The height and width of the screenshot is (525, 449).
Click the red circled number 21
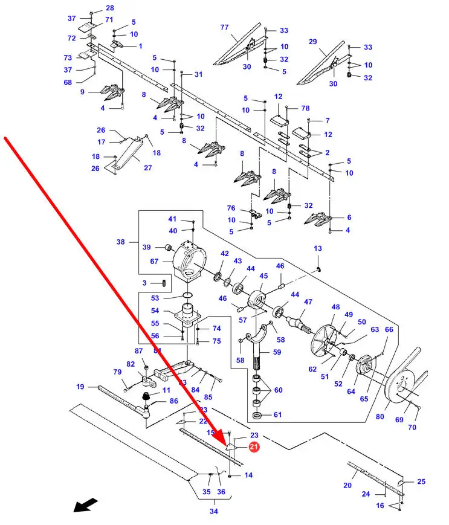click(254, 446)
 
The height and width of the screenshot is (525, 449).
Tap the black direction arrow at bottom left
click(85, 504)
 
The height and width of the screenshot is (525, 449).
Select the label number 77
click(224, 27)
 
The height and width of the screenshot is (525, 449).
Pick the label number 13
click(318, 248)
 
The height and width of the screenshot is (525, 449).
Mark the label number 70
click(412, 428)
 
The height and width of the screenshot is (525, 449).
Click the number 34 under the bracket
click(214, 512)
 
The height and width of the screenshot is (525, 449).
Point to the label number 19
click(80, 387)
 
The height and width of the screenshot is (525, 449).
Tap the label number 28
click(109, 8)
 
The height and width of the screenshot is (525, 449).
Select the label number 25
click(421, 482)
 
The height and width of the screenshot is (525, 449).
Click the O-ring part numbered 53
click(187, 295)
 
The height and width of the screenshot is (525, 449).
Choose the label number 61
click(277, 414)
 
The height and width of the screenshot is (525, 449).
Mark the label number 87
click(138, 351)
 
